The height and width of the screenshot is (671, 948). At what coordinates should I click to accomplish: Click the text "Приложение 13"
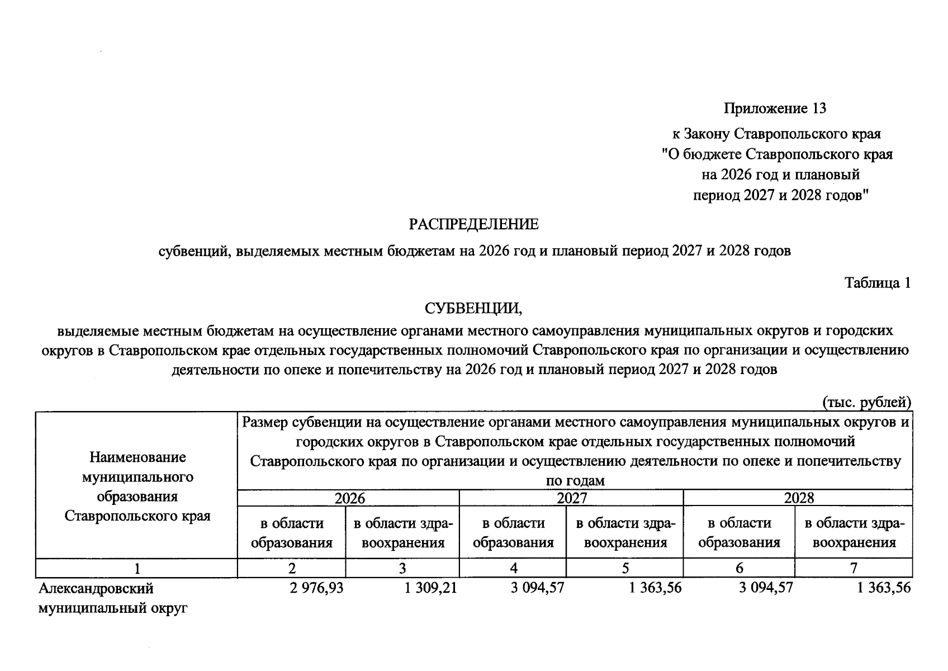775,108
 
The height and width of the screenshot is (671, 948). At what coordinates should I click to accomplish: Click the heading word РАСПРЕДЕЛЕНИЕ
473,225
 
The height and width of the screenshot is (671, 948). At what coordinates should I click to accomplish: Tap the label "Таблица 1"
878,283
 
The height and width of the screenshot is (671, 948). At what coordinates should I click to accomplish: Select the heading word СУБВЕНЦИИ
473,308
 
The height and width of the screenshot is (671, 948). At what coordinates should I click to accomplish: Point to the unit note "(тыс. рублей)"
866,402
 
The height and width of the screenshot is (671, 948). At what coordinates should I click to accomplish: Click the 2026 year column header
349,498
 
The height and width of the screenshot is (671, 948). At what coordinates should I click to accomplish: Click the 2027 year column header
571,498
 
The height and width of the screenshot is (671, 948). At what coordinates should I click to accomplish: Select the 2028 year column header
798,498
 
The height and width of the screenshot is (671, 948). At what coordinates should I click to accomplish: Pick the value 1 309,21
430,588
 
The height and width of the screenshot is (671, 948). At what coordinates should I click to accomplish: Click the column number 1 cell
136,568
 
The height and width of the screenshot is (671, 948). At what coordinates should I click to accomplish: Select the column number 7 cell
853,568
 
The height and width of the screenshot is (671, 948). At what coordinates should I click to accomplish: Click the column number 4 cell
513,568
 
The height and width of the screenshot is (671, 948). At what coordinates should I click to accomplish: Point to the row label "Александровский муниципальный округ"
112,598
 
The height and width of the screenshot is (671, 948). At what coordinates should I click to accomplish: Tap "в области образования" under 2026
292,532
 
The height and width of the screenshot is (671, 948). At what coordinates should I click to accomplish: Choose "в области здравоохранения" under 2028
853,532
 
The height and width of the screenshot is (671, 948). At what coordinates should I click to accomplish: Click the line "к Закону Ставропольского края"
776,134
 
